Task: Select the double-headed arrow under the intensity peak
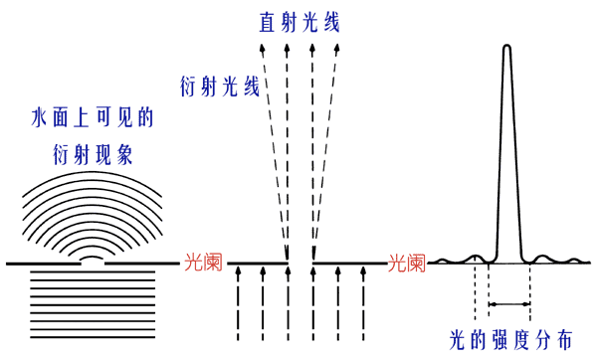pyautogui.click(x=508, y=302)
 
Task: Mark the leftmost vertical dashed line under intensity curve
pyautogui.click(x=476, y=288)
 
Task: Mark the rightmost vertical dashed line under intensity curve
pyautogui.click(x=530, y=288)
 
